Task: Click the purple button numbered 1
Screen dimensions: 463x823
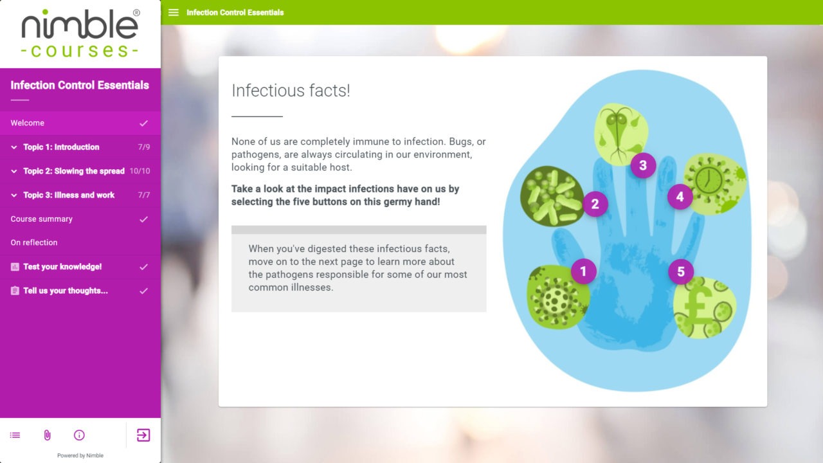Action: coord(583,271)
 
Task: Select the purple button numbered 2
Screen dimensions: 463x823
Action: coord(595,204)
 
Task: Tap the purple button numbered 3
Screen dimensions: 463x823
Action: coord(642,166)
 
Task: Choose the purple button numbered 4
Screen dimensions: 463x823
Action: coord(680,197)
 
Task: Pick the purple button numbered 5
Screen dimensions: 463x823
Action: coord(681,271)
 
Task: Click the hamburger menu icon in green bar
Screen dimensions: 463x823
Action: coord(174,12)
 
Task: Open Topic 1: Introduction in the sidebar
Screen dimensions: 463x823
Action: coord(61,147)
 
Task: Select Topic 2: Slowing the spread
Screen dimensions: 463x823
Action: coord(73,171)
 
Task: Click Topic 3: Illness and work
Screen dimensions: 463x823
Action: coord(69,195)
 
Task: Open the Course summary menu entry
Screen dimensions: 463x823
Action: coord(42,219)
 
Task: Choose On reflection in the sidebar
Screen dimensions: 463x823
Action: coord(34,242)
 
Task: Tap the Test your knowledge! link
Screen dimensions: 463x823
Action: coord(62,267)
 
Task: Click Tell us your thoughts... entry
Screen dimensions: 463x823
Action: coord(65,291)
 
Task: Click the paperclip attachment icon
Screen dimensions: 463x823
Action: coord(47,435)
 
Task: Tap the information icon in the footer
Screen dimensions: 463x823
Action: coord(79,435)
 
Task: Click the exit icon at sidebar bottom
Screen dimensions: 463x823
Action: coord(143,435)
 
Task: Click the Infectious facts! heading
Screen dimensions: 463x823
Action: coord(291,91)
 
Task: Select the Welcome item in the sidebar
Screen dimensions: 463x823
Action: coord(28,123)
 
